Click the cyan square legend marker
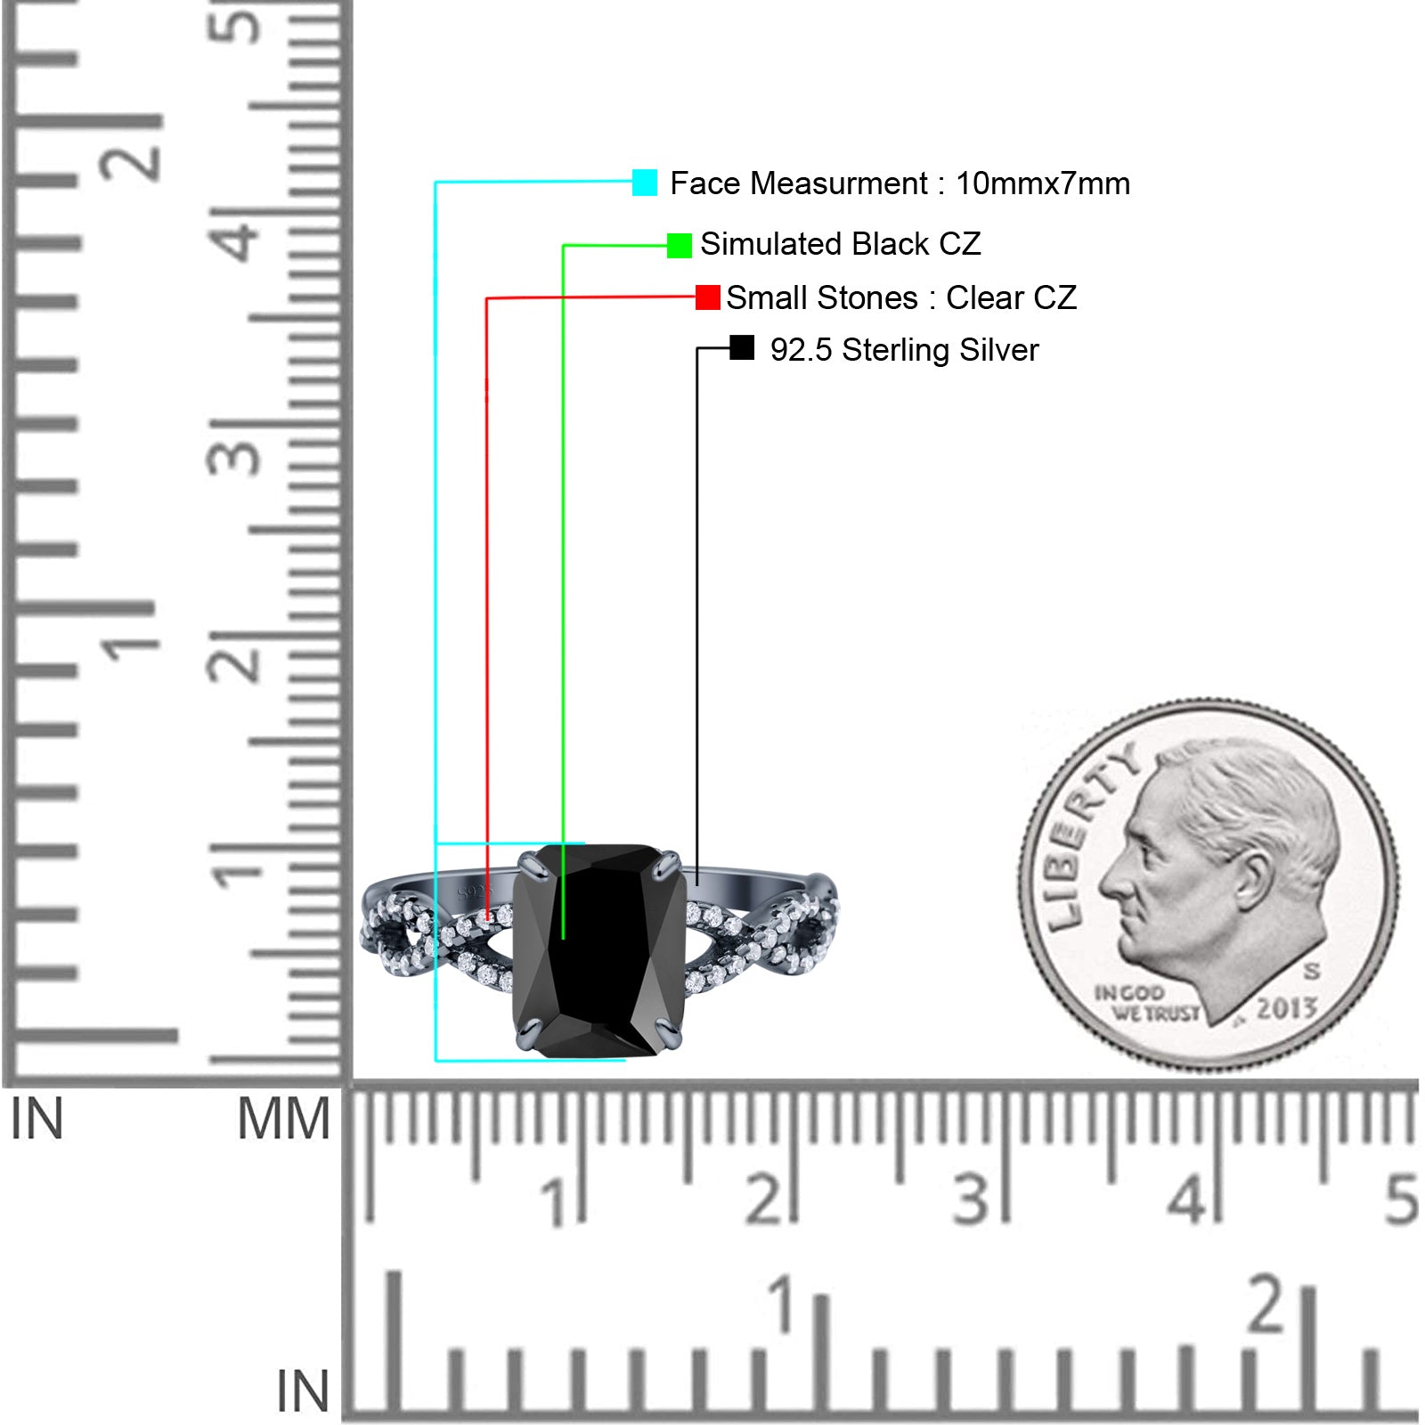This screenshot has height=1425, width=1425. [645, 183]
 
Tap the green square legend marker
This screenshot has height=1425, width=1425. [680, 245]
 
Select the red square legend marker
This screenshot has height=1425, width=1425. [708, 297]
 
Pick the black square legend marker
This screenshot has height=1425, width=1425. [742, 348]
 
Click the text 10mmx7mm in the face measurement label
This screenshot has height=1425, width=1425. [1043, 183]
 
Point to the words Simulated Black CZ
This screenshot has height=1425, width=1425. [841, 244]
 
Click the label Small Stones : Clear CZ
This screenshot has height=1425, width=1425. [901, 297]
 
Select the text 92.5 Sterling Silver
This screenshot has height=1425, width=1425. [904, 350]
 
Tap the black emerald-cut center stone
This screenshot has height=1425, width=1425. [598, 949]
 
